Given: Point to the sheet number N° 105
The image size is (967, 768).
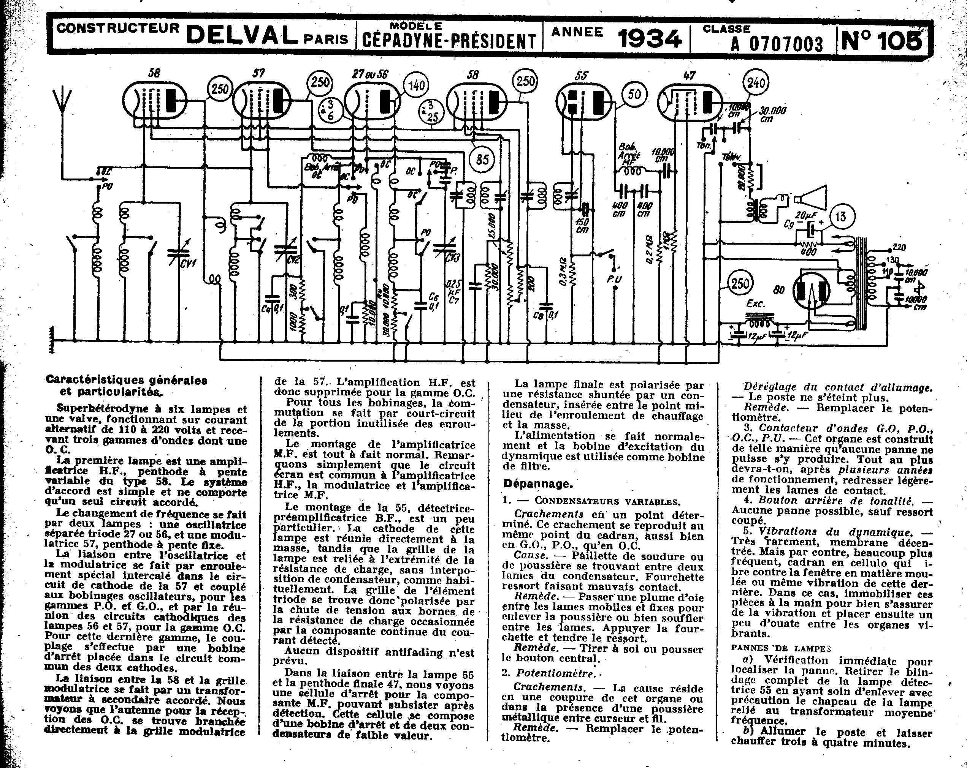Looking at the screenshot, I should coord(882,40).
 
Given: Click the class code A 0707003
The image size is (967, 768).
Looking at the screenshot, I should coord(777,44).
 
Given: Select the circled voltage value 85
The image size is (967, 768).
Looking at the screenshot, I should coord(482,159).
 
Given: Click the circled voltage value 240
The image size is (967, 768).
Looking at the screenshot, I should coord(756,82).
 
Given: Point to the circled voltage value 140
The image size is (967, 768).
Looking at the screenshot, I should coord(416,85).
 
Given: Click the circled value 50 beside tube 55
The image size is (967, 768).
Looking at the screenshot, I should coord(634,95).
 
